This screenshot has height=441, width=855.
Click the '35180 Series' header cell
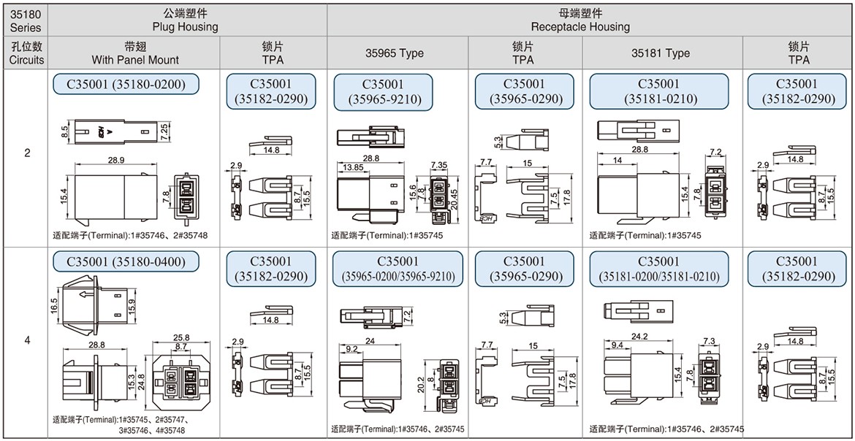27,21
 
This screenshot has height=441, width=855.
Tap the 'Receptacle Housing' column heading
580,26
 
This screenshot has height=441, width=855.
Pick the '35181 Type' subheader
661,53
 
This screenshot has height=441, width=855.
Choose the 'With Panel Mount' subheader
135,59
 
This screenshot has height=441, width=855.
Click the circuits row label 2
27,153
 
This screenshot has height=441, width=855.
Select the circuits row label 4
27,341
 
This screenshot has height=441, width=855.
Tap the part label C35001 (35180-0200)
126,85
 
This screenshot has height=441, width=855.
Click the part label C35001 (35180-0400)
126,262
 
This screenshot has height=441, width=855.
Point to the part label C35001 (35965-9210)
383,93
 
